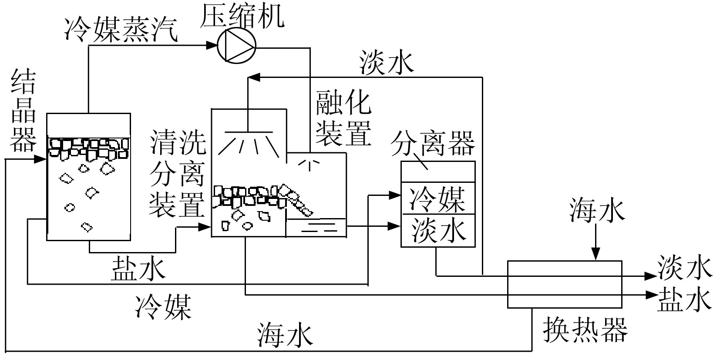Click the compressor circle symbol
236,45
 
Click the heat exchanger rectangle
564,284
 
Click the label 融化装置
343,118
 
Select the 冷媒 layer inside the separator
437,199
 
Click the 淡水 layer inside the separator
437,230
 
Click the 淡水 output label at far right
684,267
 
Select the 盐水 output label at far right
684,299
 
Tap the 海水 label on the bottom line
285,335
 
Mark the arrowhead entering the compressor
212,44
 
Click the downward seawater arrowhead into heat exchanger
596,256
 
